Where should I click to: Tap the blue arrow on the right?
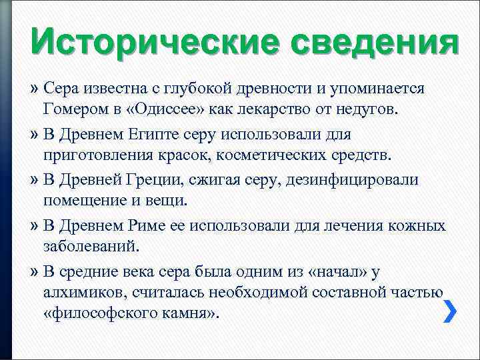coord(450,311)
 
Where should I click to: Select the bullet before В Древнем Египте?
coord(35,135)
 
